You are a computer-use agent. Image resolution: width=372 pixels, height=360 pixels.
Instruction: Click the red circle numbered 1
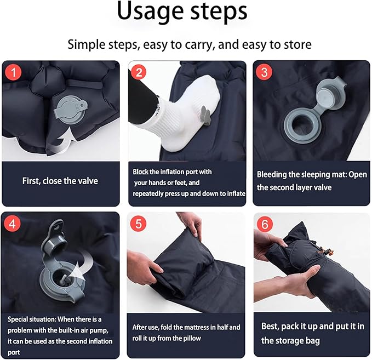pyautogui.click(x=14, y=72)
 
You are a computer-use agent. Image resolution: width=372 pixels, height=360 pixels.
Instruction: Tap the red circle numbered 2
pyautogui.click(x=139, y=72)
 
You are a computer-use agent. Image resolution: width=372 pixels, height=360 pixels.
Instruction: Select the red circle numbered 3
pyautogui.click(x=264, y=72)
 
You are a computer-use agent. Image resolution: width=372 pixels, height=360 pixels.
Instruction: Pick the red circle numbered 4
pyautogui.click(x=13, y=224)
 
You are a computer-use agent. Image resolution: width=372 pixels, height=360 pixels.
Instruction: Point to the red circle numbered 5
pyautogui.click(x=139, y=224)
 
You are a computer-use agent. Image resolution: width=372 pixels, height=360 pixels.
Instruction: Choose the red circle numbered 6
pyautogui.click(x=265, y=224)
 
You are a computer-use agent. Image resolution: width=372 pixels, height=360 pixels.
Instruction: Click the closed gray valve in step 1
pyautogui.click(x=71, y=110)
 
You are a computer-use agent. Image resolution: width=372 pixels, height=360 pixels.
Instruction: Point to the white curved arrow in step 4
pyautogui.click(x=82, y=265)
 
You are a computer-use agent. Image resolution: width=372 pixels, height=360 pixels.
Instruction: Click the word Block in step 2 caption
pyautogui.click(x=140, y=172)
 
